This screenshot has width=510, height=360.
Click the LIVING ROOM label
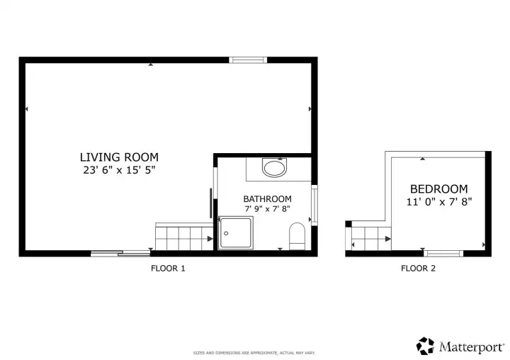pos(119,157)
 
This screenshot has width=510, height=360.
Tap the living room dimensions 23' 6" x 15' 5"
pos(119,170)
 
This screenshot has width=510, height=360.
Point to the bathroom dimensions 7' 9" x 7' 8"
pos(267,209)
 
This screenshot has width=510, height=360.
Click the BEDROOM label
pos(439,189)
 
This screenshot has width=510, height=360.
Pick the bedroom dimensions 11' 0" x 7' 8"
pos(439,201)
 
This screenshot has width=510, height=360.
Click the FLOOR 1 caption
pos(168,268)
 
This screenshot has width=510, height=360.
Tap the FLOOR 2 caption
pos(419,268)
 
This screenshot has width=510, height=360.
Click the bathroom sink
pos(274,169)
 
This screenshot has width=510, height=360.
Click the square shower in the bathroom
pos(235,233)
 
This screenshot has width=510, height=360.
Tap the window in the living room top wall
pos(249,60)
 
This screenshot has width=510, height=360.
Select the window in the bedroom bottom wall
pos(444,253)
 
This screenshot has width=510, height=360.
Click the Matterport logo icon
pos(425,346)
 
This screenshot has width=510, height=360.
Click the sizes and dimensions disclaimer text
pos(254,352)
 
